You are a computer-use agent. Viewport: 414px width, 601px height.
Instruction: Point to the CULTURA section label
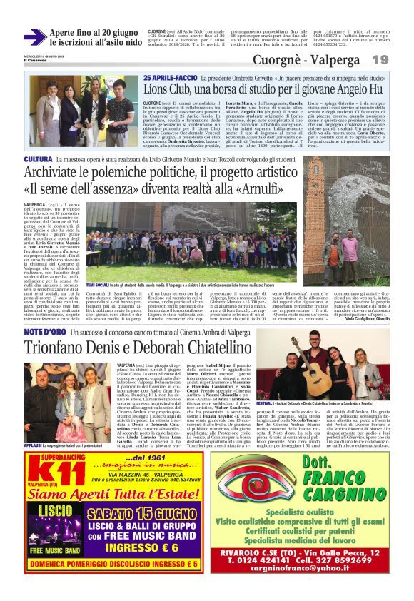tap(38, 158)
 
